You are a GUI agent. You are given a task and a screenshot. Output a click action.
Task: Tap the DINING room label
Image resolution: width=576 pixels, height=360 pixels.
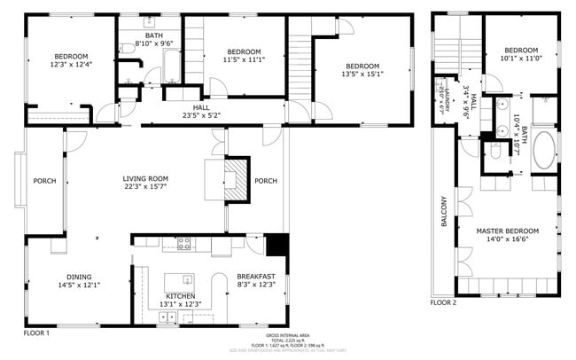(79, 276)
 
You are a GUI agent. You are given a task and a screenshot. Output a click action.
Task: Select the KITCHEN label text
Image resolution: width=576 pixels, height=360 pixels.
(180, 296)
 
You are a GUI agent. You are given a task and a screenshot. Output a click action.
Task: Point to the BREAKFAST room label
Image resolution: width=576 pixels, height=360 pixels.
(255, 276)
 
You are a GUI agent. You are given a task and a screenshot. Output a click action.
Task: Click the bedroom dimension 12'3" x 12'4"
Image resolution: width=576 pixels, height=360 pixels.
(69, 65)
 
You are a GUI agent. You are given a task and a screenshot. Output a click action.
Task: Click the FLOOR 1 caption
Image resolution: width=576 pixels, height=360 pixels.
(35, 333)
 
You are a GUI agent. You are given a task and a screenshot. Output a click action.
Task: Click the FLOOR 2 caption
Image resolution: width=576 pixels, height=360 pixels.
(443, 302)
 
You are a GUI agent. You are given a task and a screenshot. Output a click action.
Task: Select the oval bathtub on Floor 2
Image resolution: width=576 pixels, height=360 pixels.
(543, 151)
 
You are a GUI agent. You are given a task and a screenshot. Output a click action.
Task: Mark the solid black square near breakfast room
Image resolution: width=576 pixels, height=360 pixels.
(277, 245)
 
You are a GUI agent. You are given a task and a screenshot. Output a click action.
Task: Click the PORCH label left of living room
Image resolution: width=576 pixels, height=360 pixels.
(44, 181)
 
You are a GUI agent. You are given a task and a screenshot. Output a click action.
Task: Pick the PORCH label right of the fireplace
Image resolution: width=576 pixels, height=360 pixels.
(266, 181)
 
